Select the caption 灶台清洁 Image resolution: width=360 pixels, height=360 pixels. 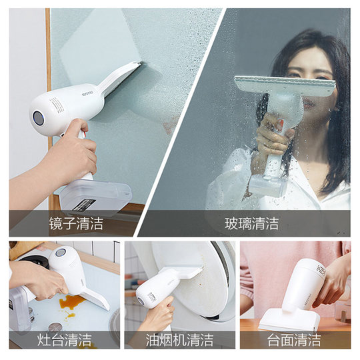tap(65, 340)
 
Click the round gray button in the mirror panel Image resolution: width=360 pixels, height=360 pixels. tap(38, 117)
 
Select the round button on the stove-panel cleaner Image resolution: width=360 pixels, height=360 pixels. tap(61, 253)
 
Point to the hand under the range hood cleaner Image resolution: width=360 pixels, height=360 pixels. tap(160, 316)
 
